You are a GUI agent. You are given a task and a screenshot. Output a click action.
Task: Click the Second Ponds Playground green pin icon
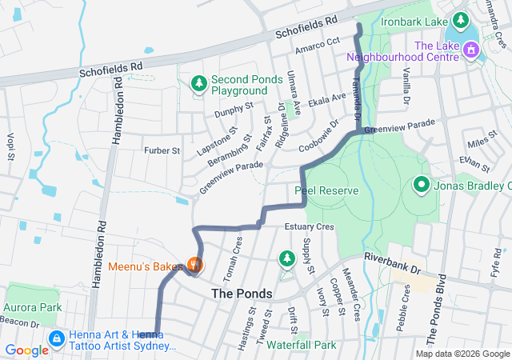(x=198, y=82)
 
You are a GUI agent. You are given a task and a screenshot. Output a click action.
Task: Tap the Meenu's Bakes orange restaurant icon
(x=194, y=264)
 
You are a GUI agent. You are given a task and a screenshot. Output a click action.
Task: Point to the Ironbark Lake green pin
(x=461, y=19)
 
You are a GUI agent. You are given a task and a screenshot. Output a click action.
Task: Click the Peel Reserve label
(x=326, y=191)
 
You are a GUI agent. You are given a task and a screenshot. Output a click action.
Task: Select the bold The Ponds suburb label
(x=242, y=294)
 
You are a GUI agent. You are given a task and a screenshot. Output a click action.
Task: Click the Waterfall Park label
(x=301, y=345)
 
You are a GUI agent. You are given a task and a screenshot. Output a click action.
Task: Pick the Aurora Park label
(x=33, y=307)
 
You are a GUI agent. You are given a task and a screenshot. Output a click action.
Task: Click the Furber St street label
(x=162, y=150)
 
